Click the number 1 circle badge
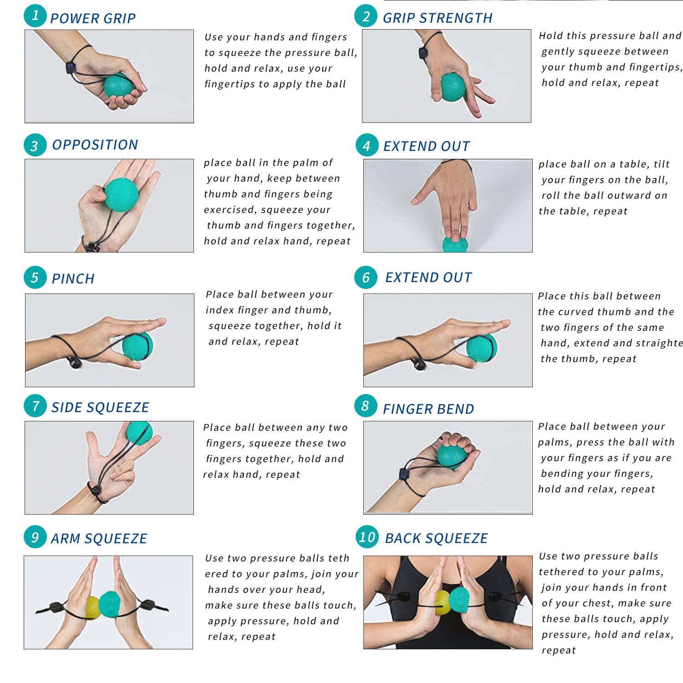[x=35, y=16]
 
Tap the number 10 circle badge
[x=367, y=537]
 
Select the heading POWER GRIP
[x=93, y=19]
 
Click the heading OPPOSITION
[x=95, y=145]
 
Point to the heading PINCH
[x=73, y=278]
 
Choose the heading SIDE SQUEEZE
[x=100, y=407]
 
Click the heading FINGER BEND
[x=428, y=409]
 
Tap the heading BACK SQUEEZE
[x=436, y=538]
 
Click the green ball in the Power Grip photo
[x=119, y=85]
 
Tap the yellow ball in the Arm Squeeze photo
[x=93, y=607]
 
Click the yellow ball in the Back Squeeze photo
[x=443, y=602]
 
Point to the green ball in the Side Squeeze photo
[x=139, y=432]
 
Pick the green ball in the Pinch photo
[x=138, y=346]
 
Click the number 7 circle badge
[x=35, y=406]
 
